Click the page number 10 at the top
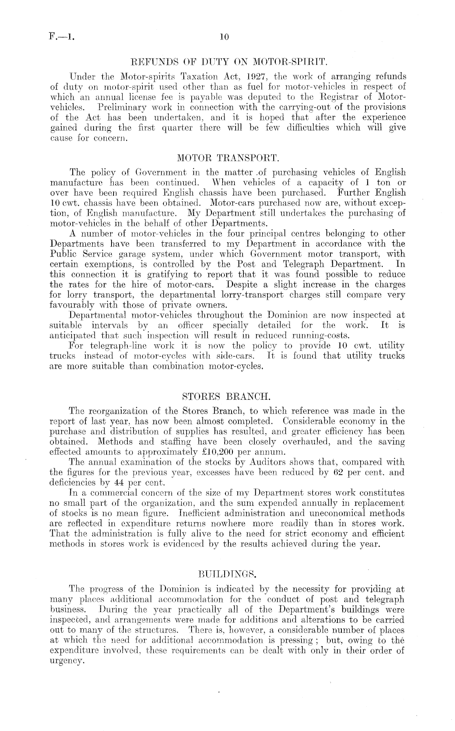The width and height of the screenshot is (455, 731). (223, 37)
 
